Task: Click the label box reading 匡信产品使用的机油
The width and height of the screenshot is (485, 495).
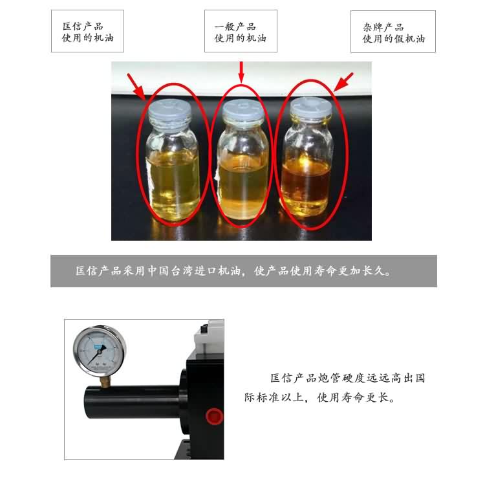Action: coord(87,31)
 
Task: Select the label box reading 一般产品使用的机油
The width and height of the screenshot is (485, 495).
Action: coord(241,31)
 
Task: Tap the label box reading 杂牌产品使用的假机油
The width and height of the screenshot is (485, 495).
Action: coord(393,32)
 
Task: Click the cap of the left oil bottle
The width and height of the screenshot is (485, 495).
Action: coord(170,109)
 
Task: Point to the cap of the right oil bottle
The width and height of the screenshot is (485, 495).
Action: coord(311,107)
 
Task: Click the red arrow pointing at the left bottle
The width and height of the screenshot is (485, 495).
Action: coord(136,87)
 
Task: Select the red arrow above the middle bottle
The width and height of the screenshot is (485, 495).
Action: coord(241,72)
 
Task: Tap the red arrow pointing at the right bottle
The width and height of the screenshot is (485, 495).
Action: coord(343,82)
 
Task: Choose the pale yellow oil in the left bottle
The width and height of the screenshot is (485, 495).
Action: coord(173,186)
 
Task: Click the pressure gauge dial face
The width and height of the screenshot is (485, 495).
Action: coord(100,351)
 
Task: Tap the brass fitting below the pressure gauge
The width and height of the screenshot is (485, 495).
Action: coord(105,381)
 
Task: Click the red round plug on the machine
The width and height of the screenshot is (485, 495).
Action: coord(214,416)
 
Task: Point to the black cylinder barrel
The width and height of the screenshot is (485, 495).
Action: coord(133,402)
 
